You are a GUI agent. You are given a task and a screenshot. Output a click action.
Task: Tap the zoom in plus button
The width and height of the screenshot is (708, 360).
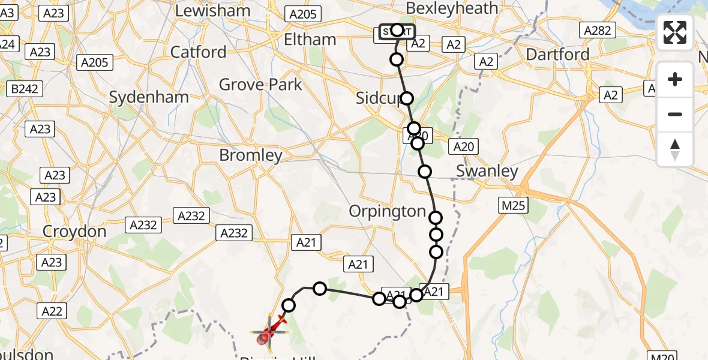click(675, 79)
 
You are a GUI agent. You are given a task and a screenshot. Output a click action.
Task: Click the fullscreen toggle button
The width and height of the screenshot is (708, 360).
click(675, 32)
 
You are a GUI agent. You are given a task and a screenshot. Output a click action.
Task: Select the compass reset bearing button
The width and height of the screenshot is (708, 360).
click(675, 149)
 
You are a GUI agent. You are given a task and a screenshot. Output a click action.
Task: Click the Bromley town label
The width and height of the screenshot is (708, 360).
click(251, 155)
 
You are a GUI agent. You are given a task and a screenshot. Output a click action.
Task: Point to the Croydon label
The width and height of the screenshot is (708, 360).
click(74, 232)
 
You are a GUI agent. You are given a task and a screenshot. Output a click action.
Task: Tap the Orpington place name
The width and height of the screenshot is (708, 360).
click(388, 211)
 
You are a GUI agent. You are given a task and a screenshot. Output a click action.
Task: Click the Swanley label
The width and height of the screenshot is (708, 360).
click(487, 171)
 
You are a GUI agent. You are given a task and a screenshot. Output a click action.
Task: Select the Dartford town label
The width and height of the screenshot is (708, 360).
click(557, 55)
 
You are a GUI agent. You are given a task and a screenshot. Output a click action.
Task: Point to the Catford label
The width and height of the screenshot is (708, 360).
click(199, 52)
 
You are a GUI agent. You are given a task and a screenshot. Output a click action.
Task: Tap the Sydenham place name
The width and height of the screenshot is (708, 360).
click(149, 97)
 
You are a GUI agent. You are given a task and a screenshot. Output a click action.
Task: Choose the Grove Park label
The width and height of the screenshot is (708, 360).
click(260, 85)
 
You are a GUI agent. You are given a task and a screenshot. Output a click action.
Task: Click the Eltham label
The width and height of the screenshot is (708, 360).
click(310, 40)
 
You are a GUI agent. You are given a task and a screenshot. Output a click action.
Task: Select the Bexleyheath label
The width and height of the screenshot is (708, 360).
click(452, 8)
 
